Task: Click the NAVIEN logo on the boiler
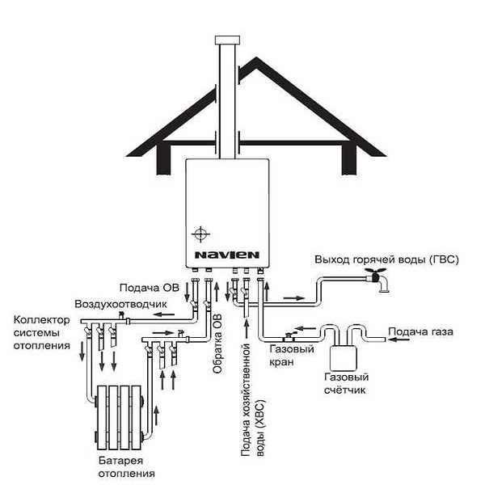tap(226, 255)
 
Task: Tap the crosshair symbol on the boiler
tap(200, 234)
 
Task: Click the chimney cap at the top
tap(227, 40)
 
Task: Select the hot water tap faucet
tap(377, 280)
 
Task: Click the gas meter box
tap(344, 358)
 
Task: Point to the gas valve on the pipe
tap(289, 336)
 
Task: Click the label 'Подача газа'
tap(420, 331)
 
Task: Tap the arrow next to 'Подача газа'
tap(399, 340)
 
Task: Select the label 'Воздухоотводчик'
tap(120, 305)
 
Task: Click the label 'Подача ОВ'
tap(150, 288)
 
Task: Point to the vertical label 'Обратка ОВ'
tap(217, 344)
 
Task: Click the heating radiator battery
tap(119, 417)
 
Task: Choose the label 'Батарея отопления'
tap(127, 466)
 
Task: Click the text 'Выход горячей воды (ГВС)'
tap(386, 259)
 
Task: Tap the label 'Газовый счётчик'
tap(347, 383)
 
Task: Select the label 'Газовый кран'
tap(292, 356)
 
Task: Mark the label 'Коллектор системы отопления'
tap(42, 332)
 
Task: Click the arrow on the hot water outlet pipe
tap(294, 298)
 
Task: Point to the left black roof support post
tap(163, 158)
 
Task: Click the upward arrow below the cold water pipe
tap(247, 329)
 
